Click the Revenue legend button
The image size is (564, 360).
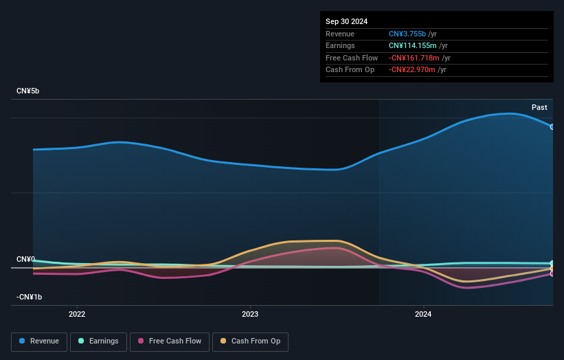[39, 341]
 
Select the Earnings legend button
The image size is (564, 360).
[98, 341]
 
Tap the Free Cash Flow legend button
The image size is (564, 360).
[170, 341]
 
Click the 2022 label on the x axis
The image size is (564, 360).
[77, 314]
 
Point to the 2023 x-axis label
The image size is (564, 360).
[250, 314]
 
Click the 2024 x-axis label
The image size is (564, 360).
[423, 314]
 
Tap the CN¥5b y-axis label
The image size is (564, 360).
[28, 91]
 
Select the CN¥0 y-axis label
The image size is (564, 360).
[25, 259]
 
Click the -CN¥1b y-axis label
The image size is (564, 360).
[30, 297]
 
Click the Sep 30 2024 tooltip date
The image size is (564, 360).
[347, 21]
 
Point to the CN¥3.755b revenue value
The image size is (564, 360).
[409, 34]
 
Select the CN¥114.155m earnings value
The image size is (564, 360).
[412, 46]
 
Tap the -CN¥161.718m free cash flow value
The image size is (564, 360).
[414, 58]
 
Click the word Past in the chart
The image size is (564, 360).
[539, 108]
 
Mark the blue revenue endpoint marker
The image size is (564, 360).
[552, 127]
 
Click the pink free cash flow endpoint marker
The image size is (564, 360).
[552, 273]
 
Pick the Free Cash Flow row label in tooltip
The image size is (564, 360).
[352, 58]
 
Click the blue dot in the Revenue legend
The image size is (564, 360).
[23, 341]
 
